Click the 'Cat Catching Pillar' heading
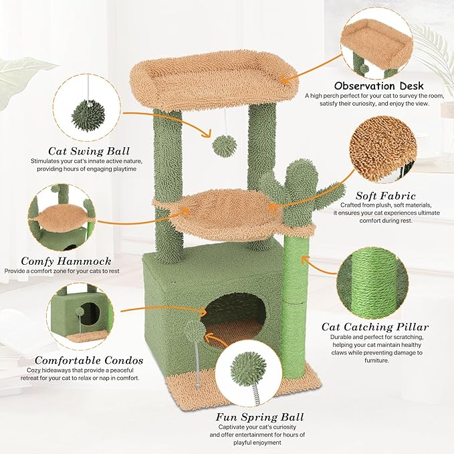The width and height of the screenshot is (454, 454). pyautogui.click(x=375, y=327)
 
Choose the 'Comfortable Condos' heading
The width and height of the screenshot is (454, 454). pyautogui.click(x=74, y=358)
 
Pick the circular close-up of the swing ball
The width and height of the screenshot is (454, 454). pyautogui.click(x=88, y=107)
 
